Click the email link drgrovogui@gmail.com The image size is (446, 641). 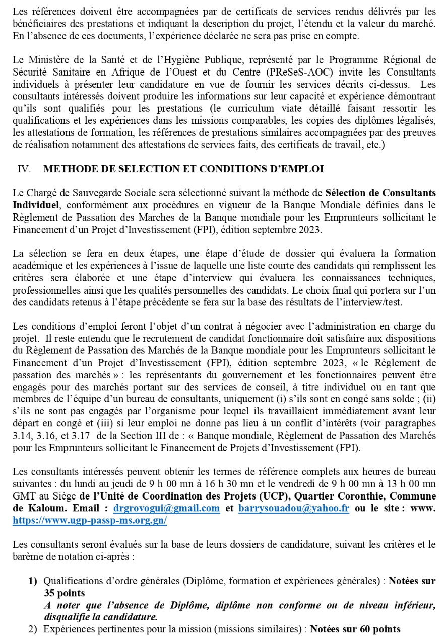(167, 508)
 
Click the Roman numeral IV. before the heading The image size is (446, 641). (24, 169)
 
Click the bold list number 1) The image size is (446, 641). (33, 581)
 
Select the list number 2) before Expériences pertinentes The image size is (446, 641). (33, 629)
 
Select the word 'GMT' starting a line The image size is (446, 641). (22, 495)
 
